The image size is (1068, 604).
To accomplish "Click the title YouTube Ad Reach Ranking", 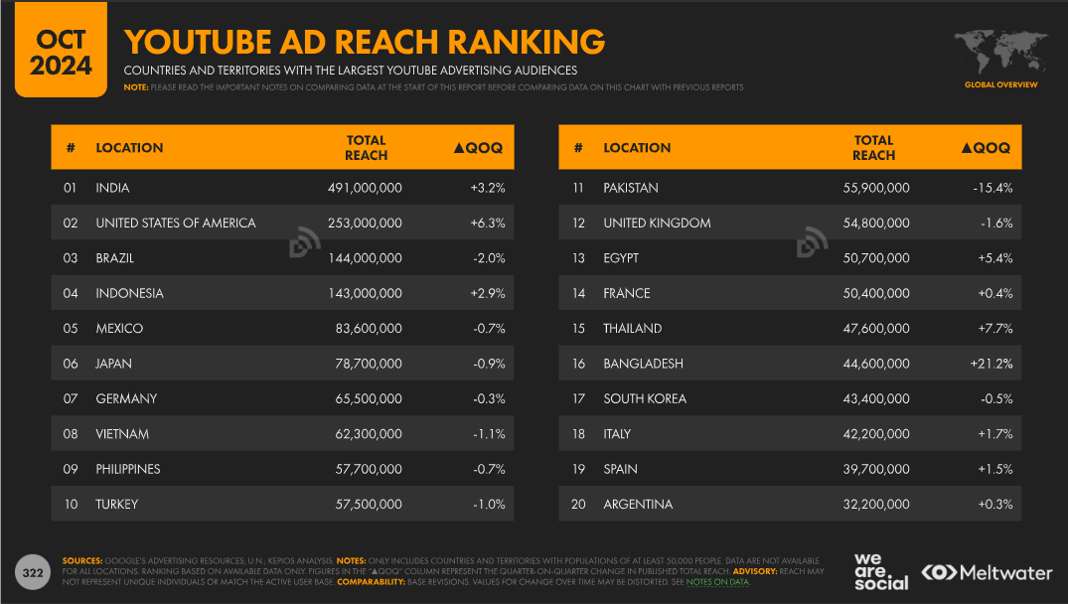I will [364, 42].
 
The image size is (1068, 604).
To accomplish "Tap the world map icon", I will [1000, 50].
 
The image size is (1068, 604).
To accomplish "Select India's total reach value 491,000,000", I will [365, 188].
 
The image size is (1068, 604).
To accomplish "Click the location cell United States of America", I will [176, 223].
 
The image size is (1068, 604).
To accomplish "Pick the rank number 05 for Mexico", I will [71, 329].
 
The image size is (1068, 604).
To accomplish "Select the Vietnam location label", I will [122, 434].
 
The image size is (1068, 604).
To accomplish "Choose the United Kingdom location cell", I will [657, 223].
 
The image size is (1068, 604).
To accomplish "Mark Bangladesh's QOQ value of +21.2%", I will [992, 364].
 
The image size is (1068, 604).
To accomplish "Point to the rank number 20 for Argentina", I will [577, 505].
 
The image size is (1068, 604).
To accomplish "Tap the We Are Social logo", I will [880, 571].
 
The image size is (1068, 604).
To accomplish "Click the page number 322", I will [33, 572].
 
